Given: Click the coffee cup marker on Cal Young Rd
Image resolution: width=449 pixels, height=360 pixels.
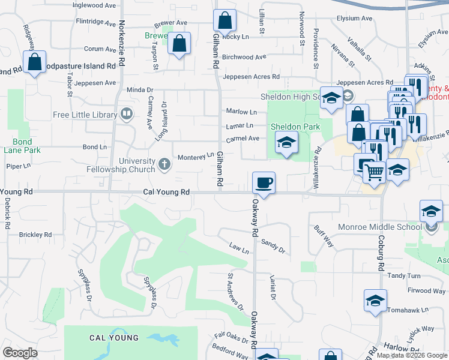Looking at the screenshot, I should point(264,182).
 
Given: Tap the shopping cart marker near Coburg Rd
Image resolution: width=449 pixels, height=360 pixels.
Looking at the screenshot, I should point(375,172).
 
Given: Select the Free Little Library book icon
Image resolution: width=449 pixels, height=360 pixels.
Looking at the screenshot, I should point(127,113).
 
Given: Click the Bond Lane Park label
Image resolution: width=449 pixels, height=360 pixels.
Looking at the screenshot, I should point(22,146).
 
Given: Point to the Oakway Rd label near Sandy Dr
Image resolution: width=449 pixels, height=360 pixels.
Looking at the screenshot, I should point(255,221).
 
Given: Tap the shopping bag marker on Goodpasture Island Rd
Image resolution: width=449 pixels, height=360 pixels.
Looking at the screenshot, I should point(35,62).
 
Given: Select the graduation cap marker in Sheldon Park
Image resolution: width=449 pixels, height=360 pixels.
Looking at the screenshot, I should point(286,143).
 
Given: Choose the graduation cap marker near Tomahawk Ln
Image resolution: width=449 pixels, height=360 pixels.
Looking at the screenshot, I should point(375,300).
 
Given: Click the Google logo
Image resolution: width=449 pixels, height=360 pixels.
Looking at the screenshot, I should point(20,353).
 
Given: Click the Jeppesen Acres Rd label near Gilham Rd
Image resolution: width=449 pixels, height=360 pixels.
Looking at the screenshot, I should point(251,77).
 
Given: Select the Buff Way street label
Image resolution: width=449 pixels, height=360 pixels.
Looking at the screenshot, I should point(324,235).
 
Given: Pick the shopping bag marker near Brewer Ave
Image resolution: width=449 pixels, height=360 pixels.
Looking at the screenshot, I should point(179,44).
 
